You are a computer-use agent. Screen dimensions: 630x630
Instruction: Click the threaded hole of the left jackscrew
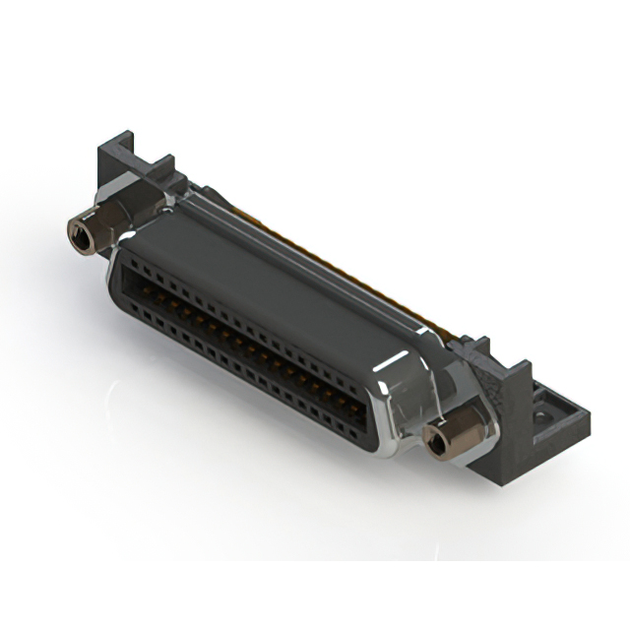tap(78, 233)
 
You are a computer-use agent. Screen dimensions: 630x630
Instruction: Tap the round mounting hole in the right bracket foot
tap(540, 419)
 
